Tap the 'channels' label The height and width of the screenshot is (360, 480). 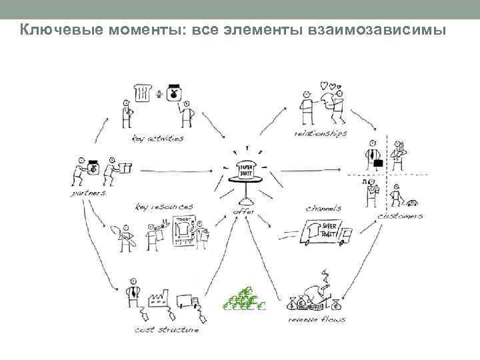pyautogui.click(x=323, y=209)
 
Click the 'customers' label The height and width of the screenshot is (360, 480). pyautogui.click(x=400, y=216)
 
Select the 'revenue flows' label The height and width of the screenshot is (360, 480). pyautogui.click(x=317, y=321)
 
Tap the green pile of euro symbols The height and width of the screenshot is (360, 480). pyautogui.click(x=243, y=299)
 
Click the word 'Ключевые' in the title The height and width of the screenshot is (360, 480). pyautogui.click(x=54, y=31)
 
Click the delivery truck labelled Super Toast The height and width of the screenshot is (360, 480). pyautogui.click(x=320, y=233)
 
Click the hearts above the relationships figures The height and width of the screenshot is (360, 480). pyautogui.click(x=327, y=87)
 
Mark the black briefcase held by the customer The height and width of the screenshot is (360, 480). pyautogui.click(x=377, y=162)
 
